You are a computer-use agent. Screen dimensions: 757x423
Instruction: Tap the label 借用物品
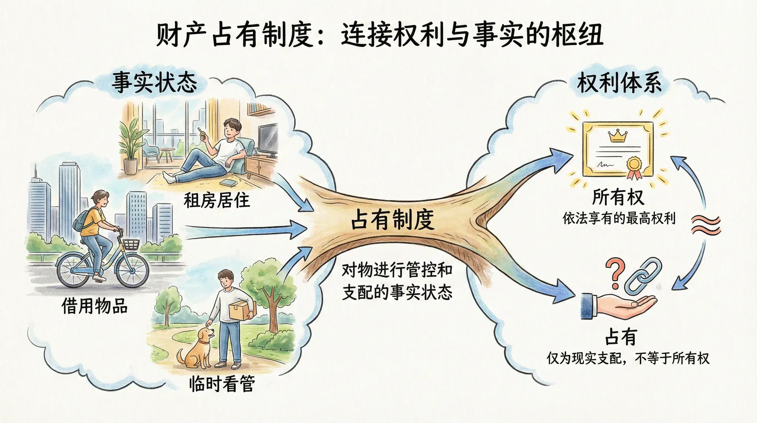coord(95,305)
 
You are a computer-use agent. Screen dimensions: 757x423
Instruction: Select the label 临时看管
coord(222,383)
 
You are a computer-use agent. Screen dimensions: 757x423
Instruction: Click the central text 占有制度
coord(393,220)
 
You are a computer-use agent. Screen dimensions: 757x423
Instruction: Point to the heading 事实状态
coord(155,82)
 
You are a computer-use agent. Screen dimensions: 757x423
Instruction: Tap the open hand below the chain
coord(619,306)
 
